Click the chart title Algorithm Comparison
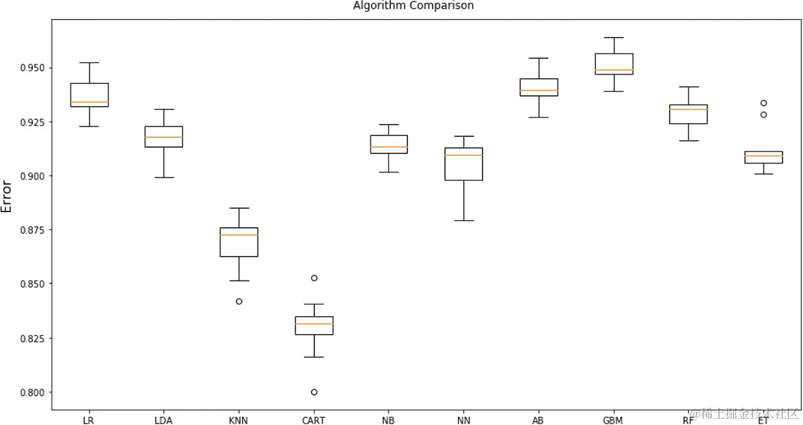(413, 5)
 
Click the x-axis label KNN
(239, 420)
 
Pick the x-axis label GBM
(614, 420)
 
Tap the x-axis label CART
(314, 420)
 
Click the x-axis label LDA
(164, 420)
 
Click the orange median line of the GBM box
(614, 70)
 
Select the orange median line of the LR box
(89, 102)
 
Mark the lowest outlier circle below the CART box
(314, 392)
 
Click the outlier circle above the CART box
(314, 278)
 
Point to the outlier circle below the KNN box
(239, 301)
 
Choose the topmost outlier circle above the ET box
(763, 103)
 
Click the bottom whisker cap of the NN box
(464, 220)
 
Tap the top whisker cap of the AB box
(539, 58)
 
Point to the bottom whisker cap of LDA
(164, 177)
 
